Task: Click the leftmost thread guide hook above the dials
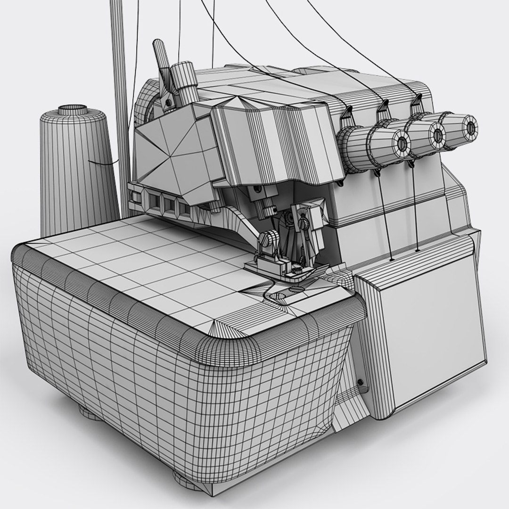click(348, 113)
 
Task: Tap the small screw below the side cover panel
click(361, 382)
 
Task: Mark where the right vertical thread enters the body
click(418, 249)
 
